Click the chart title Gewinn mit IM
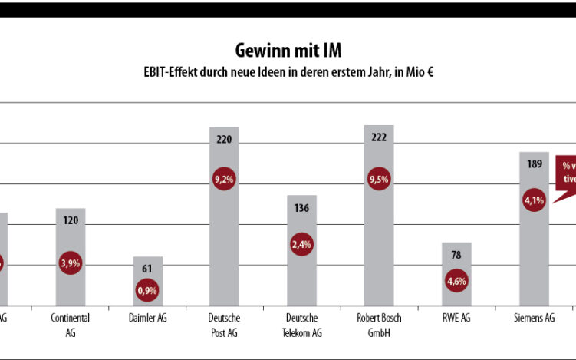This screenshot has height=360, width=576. (288, 51)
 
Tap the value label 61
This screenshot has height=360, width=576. (147, 268)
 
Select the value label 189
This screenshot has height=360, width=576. (535, 163)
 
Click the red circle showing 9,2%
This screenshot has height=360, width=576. (224, 179)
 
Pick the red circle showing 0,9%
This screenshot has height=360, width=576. (147, 290)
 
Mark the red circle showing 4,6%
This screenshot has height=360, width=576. (456, 281)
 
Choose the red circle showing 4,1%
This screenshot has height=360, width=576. (535, 201)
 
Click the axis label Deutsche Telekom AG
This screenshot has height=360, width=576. (301, 325)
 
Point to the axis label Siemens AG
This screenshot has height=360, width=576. (535, 318)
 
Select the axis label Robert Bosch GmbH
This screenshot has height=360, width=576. (379, 325)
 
